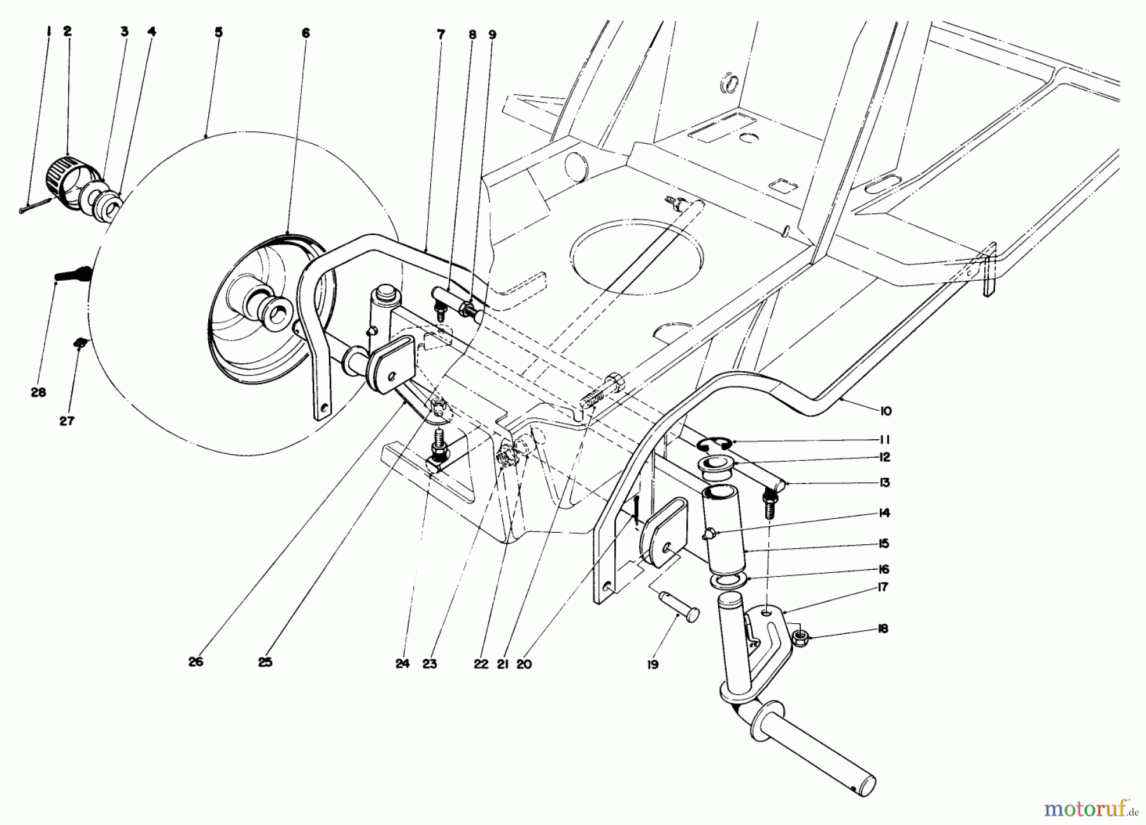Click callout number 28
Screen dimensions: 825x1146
click(x=38, y=393)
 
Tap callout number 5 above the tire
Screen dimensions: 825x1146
click(x=218, y=32)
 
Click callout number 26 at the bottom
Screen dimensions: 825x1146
click(x=195, y=661)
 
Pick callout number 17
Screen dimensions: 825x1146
click(x=882, y=587)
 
